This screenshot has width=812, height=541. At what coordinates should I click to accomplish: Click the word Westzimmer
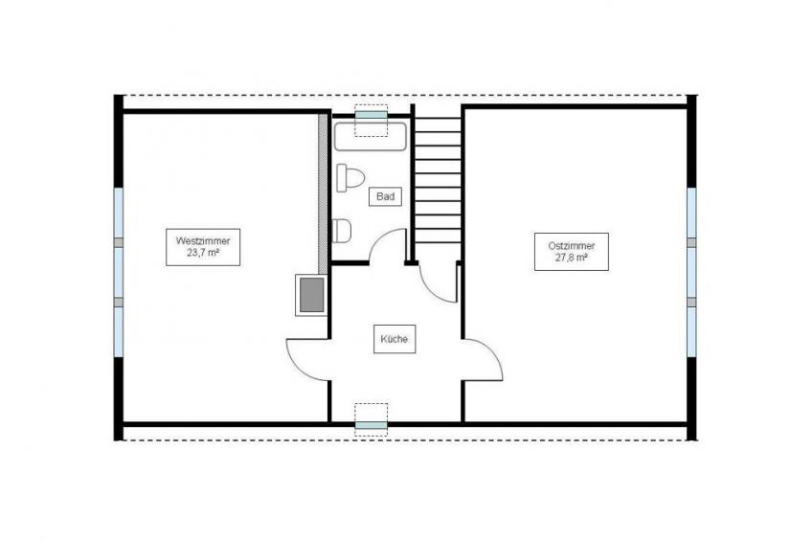pyautogui.click(x=203, y=241)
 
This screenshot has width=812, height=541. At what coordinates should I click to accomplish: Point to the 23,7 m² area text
pyautogui.click(x=203, y=253)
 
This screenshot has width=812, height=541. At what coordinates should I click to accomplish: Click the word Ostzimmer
pyautogui.click(x=572, y=246)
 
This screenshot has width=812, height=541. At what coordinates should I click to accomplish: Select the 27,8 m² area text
pyautogui.click(x=572, y=258)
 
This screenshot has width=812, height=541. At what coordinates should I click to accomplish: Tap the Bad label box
pyautogui.click(x=385, y=196)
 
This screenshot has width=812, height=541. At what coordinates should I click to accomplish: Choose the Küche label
pyautogui.click(x=395, y=339)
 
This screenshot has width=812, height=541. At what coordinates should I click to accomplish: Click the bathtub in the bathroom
pyautogui.click(x=370, y=137)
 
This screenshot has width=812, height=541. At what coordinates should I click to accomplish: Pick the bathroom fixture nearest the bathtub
pyautogui.click(x=350, y=177)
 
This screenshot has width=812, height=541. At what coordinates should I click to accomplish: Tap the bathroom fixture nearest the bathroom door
pyautogui.click(x=341, y=231)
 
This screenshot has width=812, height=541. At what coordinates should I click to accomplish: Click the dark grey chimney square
pyautogui.click(x=312, y=295)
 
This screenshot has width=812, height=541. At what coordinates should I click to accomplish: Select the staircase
pyautogui.click(x=439, y=181)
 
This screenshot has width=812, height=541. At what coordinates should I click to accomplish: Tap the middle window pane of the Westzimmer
pyautogui.click(x=119, y=272)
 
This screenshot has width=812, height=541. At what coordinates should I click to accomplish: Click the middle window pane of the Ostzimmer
pyautogui.click(x=692, y=272)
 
